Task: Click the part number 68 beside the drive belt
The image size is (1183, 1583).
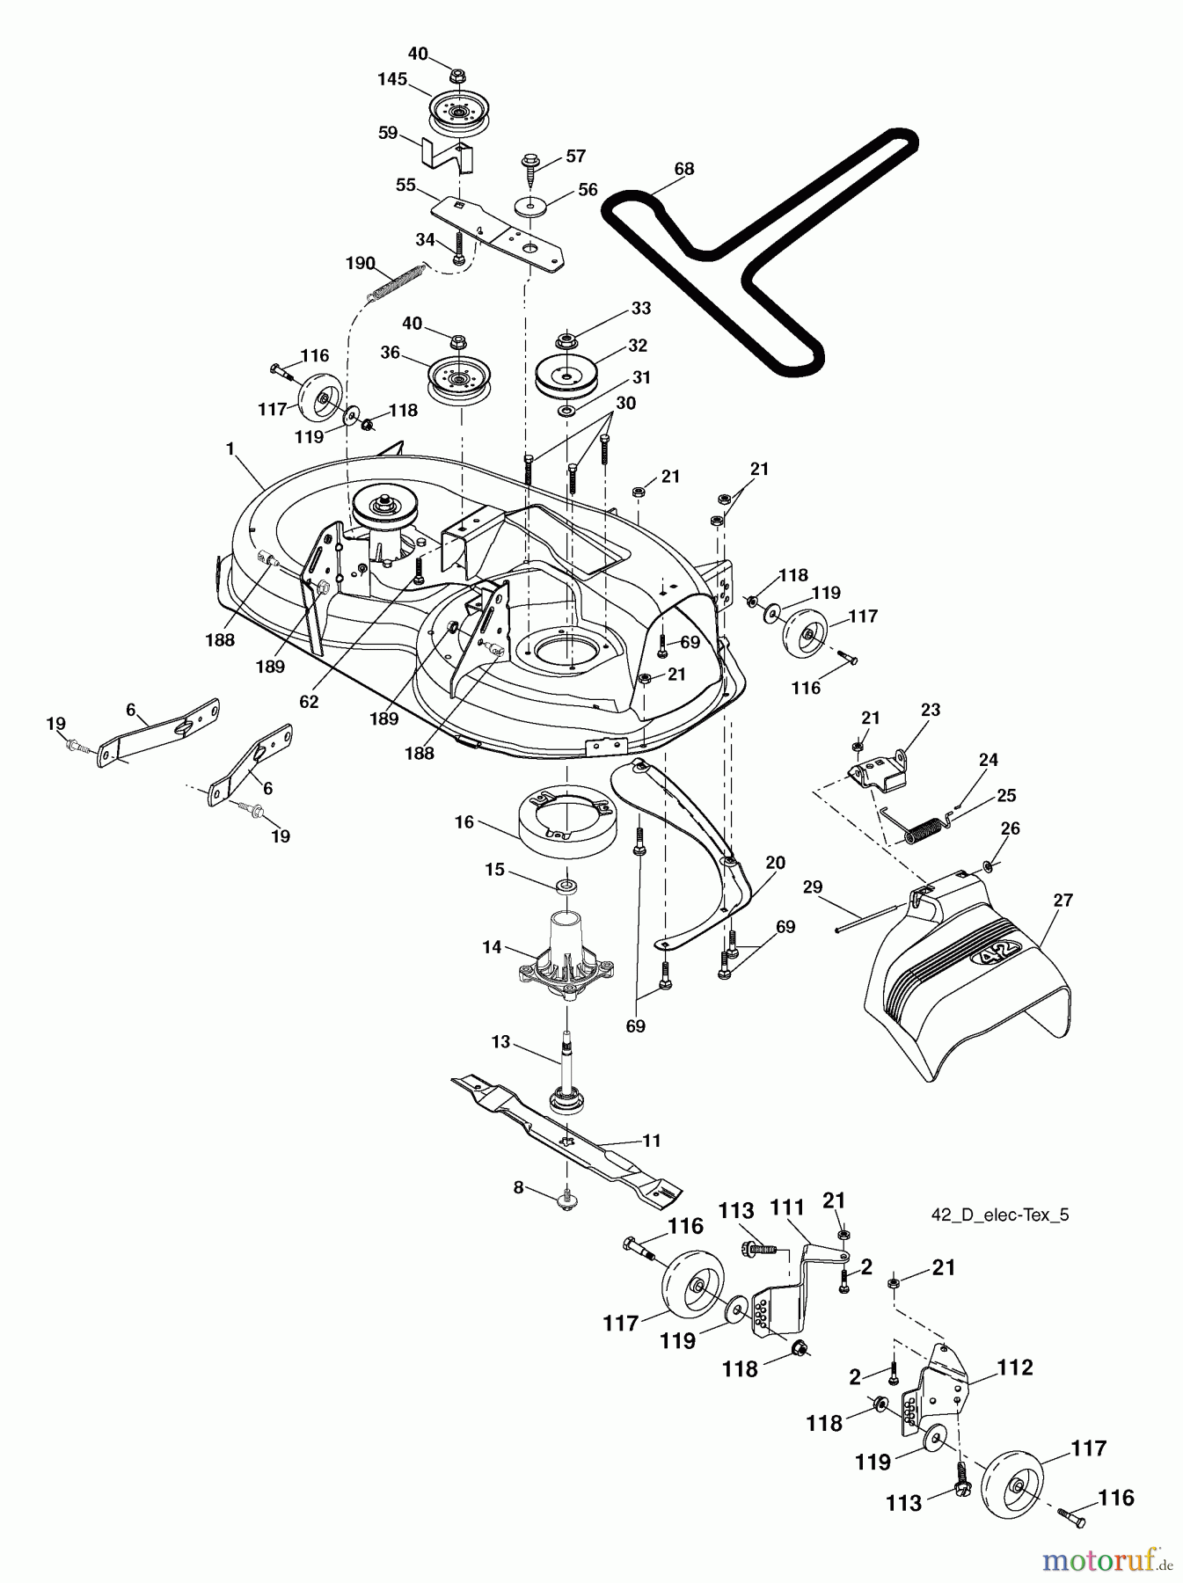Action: click(683, 169)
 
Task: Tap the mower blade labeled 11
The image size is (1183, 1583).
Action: click(567, 1134)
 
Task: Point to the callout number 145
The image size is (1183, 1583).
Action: click(392, 79)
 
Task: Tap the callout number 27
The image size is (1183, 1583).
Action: click(1063, 900)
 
